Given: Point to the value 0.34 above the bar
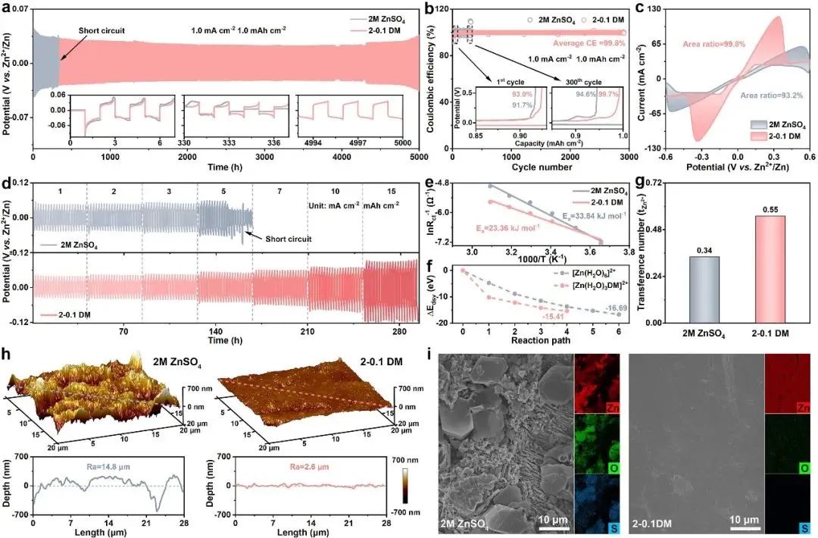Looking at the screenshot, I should (682, 250).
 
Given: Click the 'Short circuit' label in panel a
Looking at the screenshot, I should (101, 31).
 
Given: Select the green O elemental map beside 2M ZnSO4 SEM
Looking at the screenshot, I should (597, 443).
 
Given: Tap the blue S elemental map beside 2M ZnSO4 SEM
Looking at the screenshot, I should (597, 501).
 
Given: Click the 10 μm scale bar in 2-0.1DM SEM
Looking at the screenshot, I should (745, 523).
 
